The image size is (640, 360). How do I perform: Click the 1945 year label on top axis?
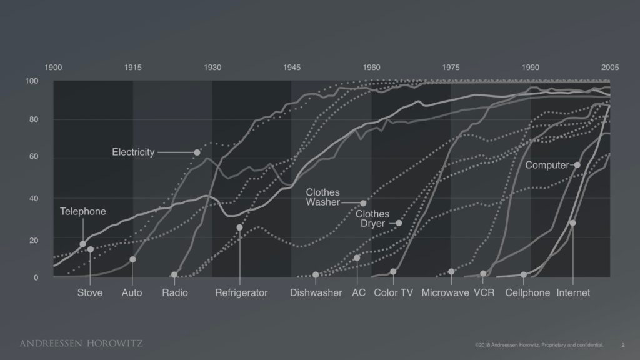(x=291, y=67)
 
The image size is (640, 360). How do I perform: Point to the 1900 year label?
(x=54, y=67)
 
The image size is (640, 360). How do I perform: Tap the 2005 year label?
(x=610, y=67)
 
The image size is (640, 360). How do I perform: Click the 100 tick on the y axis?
(x=31, y=81)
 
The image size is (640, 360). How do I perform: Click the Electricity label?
(x=133, y=152)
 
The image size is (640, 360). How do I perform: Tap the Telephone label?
(x=83, y=211)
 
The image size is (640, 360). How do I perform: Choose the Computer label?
(x=547, y=166)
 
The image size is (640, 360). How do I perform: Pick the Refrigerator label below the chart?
(x=241, y=292)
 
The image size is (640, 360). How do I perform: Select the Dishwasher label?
(x=316, y=292)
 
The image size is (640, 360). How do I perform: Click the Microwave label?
(x=445, y=292)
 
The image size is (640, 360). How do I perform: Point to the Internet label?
(x=573, y=292)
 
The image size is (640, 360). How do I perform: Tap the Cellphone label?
(x=527, y=292)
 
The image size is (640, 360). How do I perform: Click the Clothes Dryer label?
(x=372, y=219)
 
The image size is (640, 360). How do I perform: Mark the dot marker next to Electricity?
(x=197, y=152)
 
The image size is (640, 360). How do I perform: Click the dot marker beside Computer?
(x=577, y=165)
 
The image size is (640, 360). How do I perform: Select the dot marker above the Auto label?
(x=132, y=259)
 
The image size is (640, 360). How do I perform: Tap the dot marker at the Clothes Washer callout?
(x=363, y=203)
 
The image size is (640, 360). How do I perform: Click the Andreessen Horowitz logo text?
(x=81, y=343)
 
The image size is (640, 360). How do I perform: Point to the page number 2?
(x=622, y=344)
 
